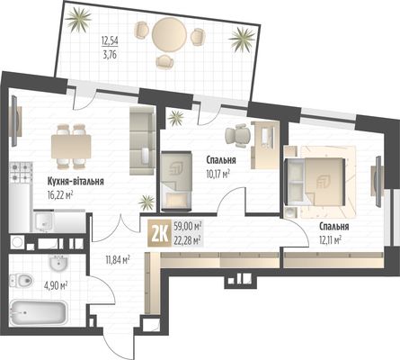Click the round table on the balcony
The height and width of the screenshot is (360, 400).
pos(169,33)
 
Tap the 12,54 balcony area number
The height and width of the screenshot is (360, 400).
pos(110,40)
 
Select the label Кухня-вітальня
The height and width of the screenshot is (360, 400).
pos(76,182)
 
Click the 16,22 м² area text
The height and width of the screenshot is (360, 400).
pos(60,196)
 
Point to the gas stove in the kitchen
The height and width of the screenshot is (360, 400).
pos(21,173)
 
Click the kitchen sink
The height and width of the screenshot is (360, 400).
pos(44,221)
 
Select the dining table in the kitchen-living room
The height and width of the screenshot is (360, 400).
pos(71,147)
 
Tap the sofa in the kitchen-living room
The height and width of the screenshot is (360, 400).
pos(142,140)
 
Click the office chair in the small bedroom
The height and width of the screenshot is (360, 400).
pos(238,135)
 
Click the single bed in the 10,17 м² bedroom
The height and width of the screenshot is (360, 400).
pos(176,181)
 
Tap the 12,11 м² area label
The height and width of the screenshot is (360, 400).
pos(331,240)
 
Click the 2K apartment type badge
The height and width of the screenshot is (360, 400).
pos(160,233)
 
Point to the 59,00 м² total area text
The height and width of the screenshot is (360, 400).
pos(187,227)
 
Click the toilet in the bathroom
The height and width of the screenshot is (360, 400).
pos(21,281)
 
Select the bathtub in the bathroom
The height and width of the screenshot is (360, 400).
pos(38,313)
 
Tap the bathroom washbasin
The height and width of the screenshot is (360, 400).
pos(58,263)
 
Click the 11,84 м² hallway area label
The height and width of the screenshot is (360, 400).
pos(118,259)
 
